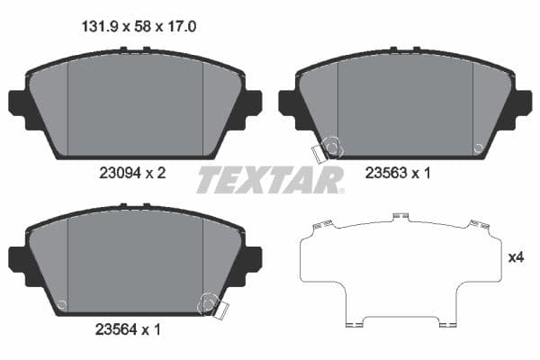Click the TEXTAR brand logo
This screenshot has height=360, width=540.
pyautogui.click(x=270, y=180)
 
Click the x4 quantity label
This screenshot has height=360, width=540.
pyautogui.click(x=516, y=257)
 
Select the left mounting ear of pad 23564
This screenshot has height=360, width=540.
pyautogui.click(x=19, y=258)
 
